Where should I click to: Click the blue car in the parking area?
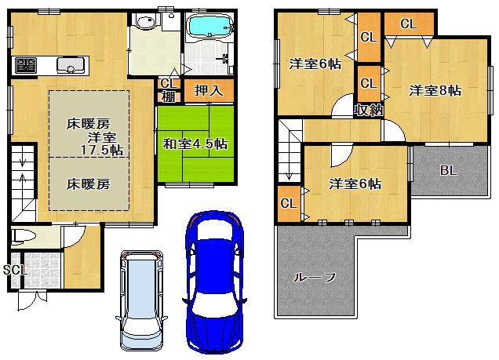click(214, 282)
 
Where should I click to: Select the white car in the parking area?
click(142, 298)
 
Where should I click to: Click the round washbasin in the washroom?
click(145, 23)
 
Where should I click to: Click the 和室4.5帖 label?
click(195, 144)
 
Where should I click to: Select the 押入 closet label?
click(209, 91)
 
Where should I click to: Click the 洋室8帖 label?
click(435, 91)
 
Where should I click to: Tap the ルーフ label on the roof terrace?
click(315, 276)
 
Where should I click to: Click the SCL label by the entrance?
click(14, 270)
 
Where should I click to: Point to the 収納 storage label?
click(368, 110)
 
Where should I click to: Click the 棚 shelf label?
click(168, 97)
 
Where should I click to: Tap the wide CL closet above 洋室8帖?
click(408, 24)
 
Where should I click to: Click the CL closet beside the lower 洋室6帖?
click(288, 204)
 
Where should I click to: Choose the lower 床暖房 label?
click(87, 184)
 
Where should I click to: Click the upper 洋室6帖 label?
click(315, 64)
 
